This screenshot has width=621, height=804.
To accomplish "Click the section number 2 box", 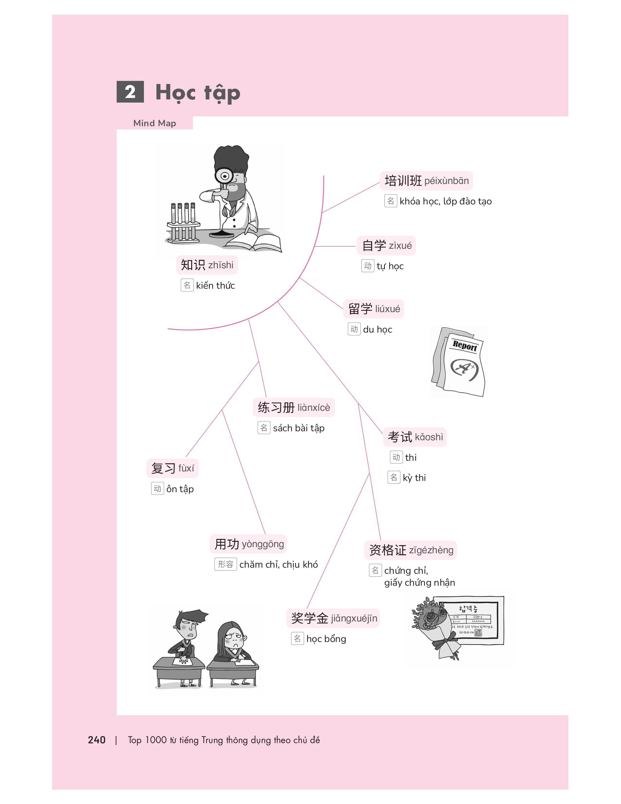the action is (x=130, y=92).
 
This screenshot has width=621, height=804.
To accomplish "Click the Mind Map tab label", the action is (x=154, y=123).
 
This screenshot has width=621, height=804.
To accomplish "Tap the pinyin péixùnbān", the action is (x=447, y=181).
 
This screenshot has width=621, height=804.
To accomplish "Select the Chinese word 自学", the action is (x=374, y=246).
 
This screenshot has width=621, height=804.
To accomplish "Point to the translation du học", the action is (x=377, y=329).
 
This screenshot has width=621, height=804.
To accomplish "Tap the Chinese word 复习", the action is (x=163, y=468).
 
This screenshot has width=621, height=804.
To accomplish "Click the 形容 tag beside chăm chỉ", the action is (x=226, y=564).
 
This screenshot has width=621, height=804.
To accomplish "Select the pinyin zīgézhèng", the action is (x=431, y=550).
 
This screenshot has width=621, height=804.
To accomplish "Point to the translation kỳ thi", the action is (x=414, y=478).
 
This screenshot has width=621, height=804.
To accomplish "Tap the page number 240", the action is (x=97, y=740).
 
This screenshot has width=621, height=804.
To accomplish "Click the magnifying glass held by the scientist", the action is (x=224, y=176).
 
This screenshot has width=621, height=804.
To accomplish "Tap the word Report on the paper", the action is (x=465, y=346).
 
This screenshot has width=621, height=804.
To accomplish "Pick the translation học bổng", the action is (x=326, y=639).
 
